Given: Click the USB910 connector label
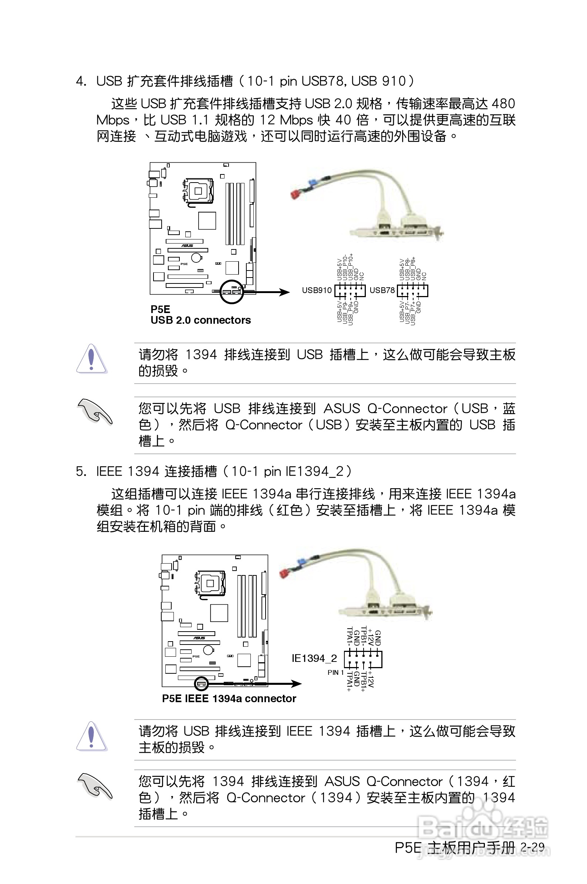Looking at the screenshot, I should tap(317, 290).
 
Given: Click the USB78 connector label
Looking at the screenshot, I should tap(382, 290).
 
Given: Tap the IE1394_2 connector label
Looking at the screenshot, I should tap(314, 658).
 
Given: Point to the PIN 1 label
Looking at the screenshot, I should tap(335, 672).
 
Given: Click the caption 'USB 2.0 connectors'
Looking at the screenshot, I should tap(200, 320).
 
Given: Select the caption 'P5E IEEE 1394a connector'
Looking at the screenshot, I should tap(229, 698).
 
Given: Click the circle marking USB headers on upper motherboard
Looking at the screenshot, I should tap(231, 292).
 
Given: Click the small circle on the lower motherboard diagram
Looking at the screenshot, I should tap(202, 684).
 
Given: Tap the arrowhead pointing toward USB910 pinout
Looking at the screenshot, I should tap(284, 292).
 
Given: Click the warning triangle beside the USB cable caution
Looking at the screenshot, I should tap(91, 736).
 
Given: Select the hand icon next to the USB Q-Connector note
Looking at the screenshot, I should tap(94, 411).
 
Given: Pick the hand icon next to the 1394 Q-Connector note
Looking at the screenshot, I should tap(94, 785).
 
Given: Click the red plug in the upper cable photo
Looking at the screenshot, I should tap(296, 194).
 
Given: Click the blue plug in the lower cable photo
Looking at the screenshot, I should tap(301, 562).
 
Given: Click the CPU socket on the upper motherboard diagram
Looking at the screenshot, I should tap(198, 191).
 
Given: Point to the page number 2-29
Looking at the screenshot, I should tap(532, 847).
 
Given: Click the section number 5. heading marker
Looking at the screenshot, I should tap(81, 472).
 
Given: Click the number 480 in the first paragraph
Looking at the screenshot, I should tap(503, 103).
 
